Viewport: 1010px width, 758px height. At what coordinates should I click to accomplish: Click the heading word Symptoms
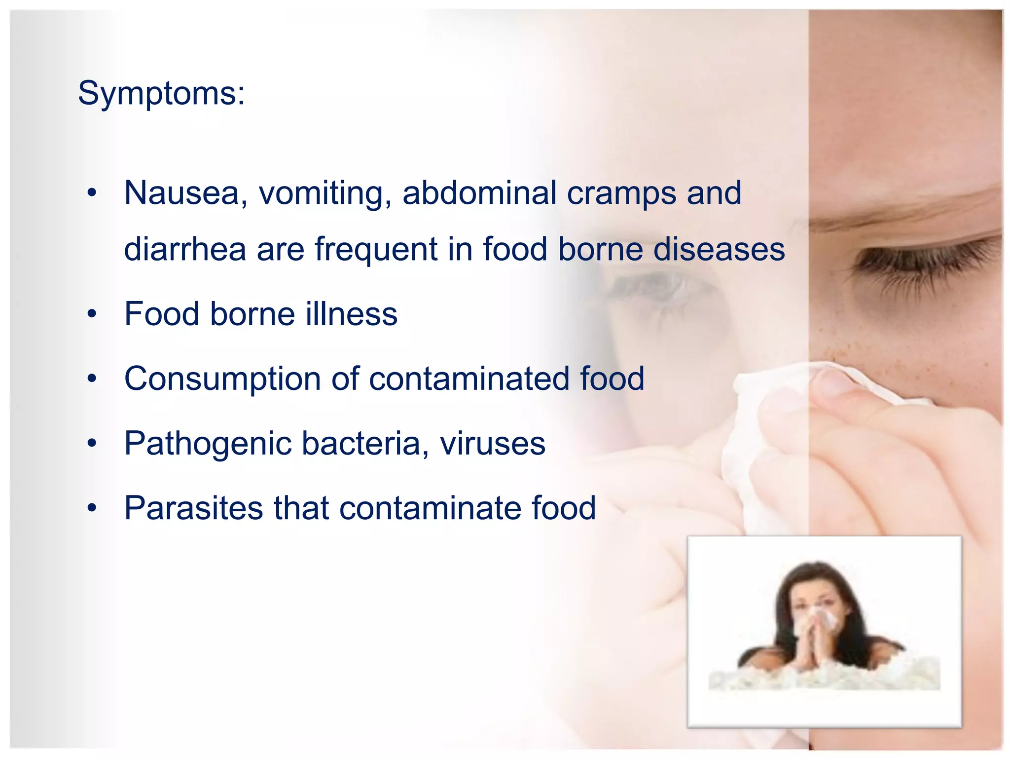coord(161,93)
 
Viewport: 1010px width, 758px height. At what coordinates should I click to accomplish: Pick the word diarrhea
coord(185,249)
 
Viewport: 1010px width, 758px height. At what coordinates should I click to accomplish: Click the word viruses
coord(493,444)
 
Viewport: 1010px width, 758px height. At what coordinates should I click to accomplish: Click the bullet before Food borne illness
coord(92,314)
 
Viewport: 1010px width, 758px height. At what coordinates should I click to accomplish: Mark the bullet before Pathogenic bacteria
coord(92,444)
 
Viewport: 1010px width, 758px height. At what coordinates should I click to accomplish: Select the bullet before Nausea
coord(92,193)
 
